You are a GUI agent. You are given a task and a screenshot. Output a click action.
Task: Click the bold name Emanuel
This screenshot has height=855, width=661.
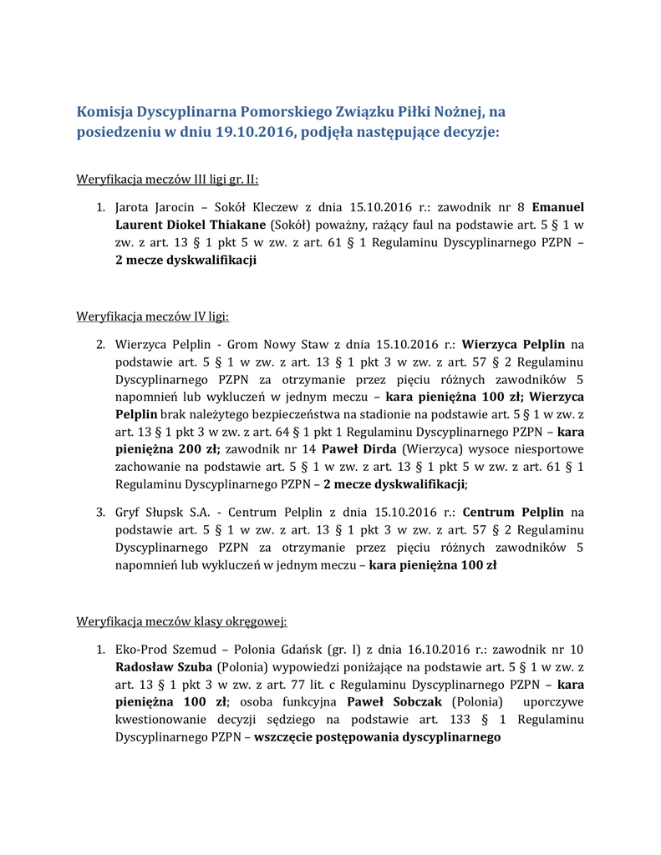click(557, 206)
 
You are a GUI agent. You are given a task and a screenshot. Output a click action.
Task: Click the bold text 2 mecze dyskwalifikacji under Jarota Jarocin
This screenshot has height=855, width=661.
click(186, 260)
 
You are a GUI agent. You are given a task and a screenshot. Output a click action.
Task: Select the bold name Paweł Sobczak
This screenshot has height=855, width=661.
click(395, 701)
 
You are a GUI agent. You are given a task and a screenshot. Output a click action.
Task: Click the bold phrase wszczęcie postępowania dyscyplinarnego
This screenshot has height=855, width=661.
click(378, 737)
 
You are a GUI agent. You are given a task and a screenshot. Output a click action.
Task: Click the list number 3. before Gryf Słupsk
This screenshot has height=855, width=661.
click(99, 512)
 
